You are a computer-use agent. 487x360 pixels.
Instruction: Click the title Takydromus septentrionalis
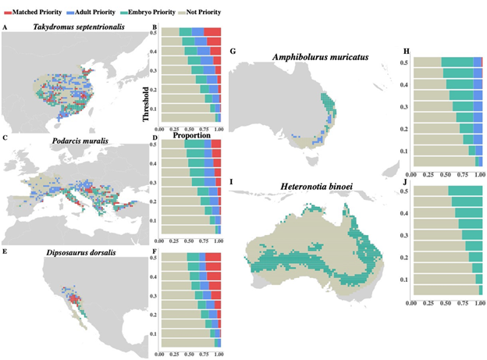tap(80, 28)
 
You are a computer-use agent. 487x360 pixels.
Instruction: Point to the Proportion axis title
tap(189, 134)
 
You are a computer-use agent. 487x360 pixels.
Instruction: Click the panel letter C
tap(5, 138)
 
